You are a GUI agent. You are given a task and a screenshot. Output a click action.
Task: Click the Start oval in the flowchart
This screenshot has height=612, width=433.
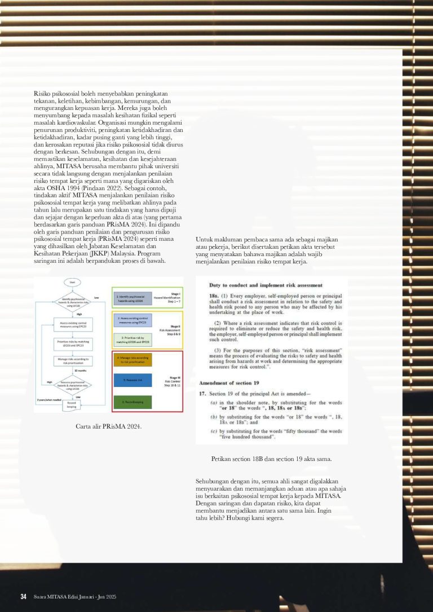coord(72,281)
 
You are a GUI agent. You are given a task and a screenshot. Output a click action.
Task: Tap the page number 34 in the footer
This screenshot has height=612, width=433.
coord(24,597)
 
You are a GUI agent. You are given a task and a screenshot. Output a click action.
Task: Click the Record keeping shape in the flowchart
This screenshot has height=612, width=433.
coord(72,404)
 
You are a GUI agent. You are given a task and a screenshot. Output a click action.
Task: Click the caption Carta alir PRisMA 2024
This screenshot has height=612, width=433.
coord(109,426)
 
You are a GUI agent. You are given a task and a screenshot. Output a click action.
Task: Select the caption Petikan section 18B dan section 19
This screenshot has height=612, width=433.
coord(271,459)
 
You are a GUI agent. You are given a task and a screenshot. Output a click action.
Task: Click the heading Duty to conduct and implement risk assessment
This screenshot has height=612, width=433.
coord(266,285)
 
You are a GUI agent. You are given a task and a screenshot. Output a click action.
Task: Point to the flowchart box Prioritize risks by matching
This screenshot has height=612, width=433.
coord(72,342)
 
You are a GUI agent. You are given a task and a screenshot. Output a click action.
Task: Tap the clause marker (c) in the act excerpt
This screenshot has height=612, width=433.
coord(214,431)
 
